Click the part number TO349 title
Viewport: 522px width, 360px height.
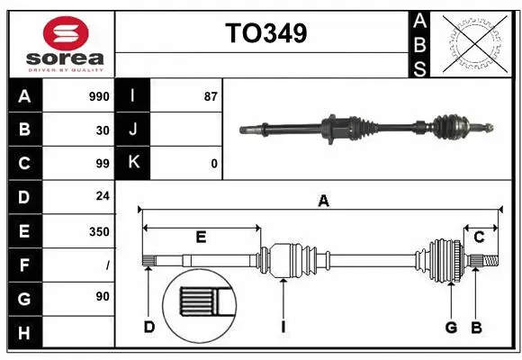pyautogui.click(x=265, y=33)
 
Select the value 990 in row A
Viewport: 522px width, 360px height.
pyautogui.click(x=98, y=96)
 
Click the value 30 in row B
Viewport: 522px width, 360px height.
pyautogui.click(x=102, y=130)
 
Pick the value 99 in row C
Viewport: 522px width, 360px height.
pyautogui.click(x=102, y=164)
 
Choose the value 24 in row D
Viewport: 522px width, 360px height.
pyautogui.click(x=102, y=196)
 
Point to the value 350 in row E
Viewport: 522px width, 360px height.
pyautogui.click(x=98, y=231)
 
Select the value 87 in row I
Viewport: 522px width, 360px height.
pyautogui.click(x=211, y=96)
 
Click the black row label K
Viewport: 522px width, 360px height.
pyautogui.click(x=133, y=163)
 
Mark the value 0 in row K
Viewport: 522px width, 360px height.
pyautogui.click(x=213, y=164)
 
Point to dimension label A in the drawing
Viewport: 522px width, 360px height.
pyautogui.click(x=322, y=202)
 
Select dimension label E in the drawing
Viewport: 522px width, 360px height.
pyautogui.click(x=201, y=238)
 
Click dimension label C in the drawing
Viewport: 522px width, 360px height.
pyautogui.click(x=479, y=237)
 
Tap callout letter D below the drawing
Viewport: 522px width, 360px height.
pyautogui.click(x=149, y=326)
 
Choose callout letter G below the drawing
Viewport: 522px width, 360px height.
pyautogui.click(x=451, y=326)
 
